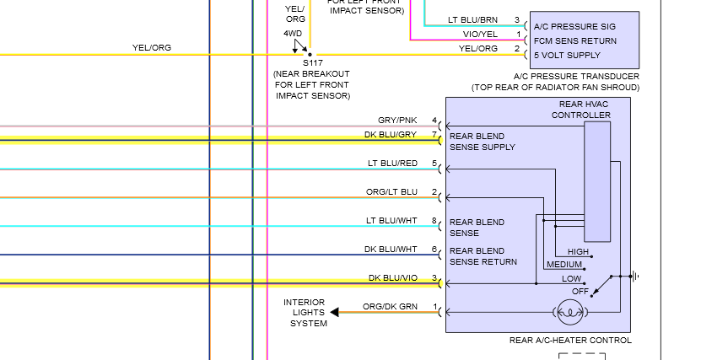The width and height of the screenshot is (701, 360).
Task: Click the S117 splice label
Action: pos(312,63)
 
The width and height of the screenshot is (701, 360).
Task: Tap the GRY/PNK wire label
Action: pos(397,121)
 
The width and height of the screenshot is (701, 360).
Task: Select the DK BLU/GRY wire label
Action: pos(391,134)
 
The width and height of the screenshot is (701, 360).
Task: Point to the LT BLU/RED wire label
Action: pos(392,163)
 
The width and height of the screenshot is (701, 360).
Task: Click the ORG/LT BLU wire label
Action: pos(391,191)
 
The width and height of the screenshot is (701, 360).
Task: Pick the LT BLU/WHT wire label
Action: pos(391,220)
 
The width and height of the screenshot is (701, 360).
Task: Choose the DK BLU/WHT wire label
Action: pos(391,249)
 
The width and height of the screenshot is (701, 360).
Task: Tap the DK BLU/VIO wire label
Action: pos(393,278)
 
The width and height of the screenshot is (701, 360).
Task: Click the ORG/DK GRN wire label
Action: pos(391,306)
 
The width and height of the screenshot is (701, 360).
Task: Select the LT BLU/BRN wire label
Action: pos(472,19)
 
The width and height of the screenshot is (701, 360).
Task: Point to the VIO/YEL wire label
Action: pos(480,34)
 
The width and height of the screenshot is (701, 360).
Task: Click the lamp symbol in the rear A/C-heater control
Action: pos(570,312)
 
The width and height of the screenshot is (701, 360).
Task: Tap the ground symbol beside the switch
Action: pos(634,277)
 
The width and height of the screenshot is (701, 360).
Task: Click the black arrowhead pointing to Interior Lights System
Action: pos(334,312)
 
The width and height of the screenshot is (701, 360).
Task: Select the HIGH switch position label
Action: pos(578,251)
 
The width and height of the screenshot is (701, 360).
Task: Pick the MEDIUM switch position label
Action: pos(564,264)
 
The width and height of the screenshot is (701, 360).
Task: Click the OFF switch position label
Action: pos(580,291)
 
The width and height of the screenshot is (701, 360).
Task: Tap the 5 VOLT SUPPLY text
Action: pos(567,55)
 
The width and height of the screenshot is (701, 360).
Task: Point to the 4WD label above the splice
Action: pos(293,33)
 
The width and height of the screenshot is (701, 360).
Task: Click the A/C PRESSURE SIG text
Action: pos(574,26)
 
